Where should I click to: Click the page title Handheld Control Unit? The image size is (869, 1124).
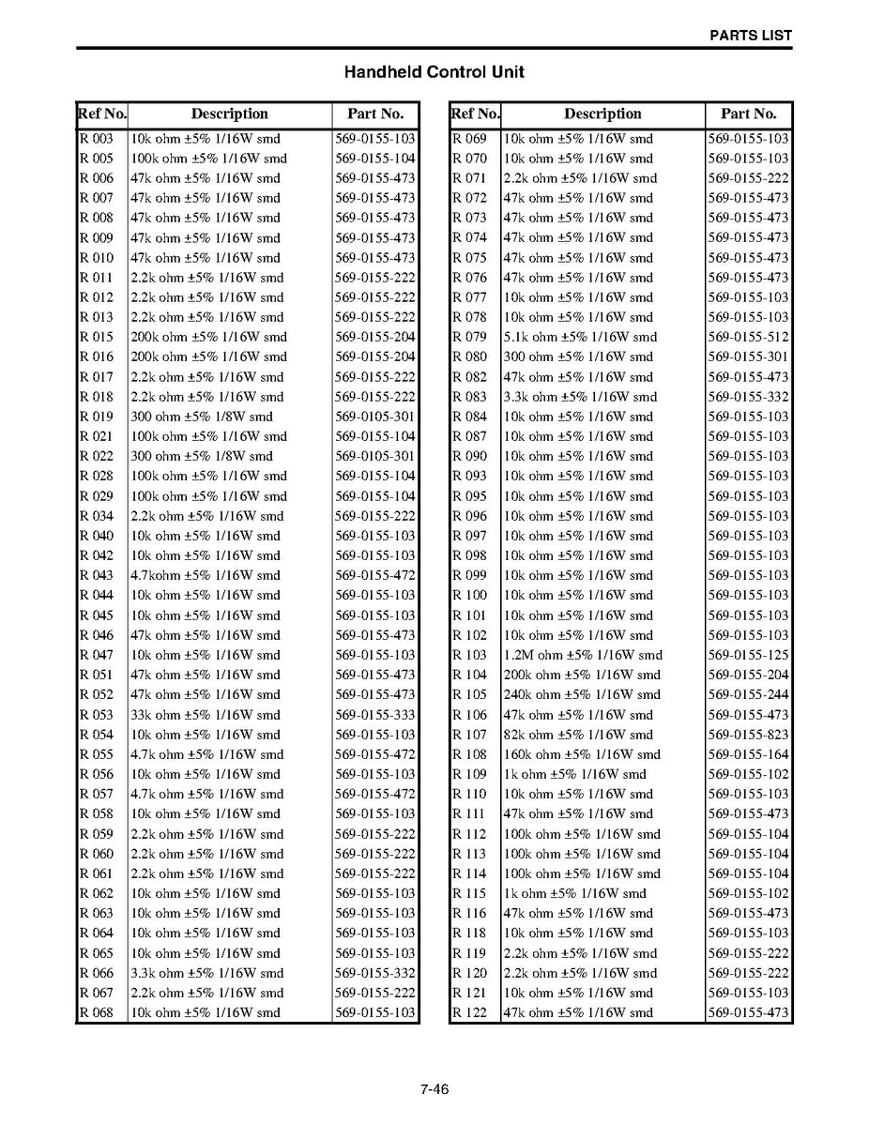(434, 72)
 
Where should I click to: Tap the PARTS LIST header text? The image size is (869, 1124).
(750, 36)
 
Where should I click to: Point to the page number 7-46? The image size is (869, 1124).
(434, 1089)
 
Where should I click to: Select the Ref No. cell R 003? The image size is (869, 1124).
(97, 139)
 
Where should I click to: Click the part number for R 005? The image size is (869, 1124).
(374, 159)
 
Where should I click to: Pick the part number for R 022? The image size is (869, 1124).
(374, 456)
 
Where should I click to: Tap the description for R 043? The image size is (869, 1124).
(205, 575)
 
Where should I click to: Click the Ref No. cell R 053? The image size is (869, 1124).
(97, 715)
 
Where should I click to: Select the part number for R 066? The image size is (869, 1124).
(374, 973)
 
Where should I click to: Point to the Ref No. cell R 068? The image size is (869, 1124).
(97, 1012)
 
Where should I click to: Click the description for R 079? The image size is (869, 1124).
(580, 337)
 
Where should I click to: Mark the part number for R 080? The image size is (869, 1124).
(748, 357)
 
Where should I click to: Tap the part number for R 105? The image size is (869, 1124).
(748, 695)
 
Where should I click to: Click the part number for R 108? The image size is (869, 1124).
(748, 754)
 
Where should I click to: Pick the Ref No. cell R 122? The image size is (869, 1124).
(470, 1012)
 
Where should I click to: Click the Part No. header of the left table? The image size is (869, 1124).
(374, 114)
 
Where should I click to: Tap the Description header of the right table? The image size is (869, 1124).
(602, 114)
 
